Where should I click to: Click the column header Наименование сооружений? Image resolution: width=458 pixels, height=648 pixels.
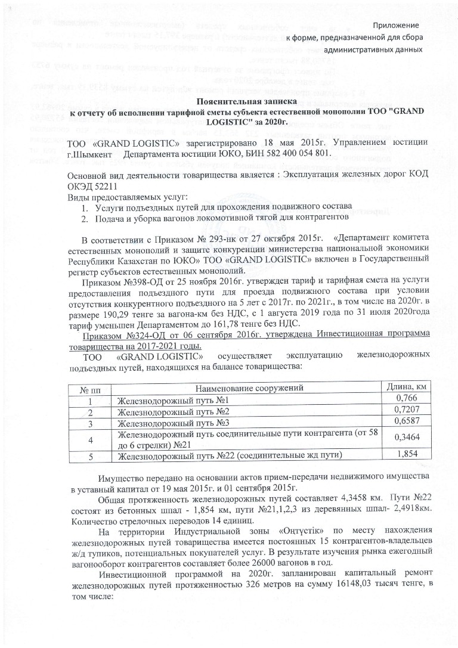click(x=248, y=389)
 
